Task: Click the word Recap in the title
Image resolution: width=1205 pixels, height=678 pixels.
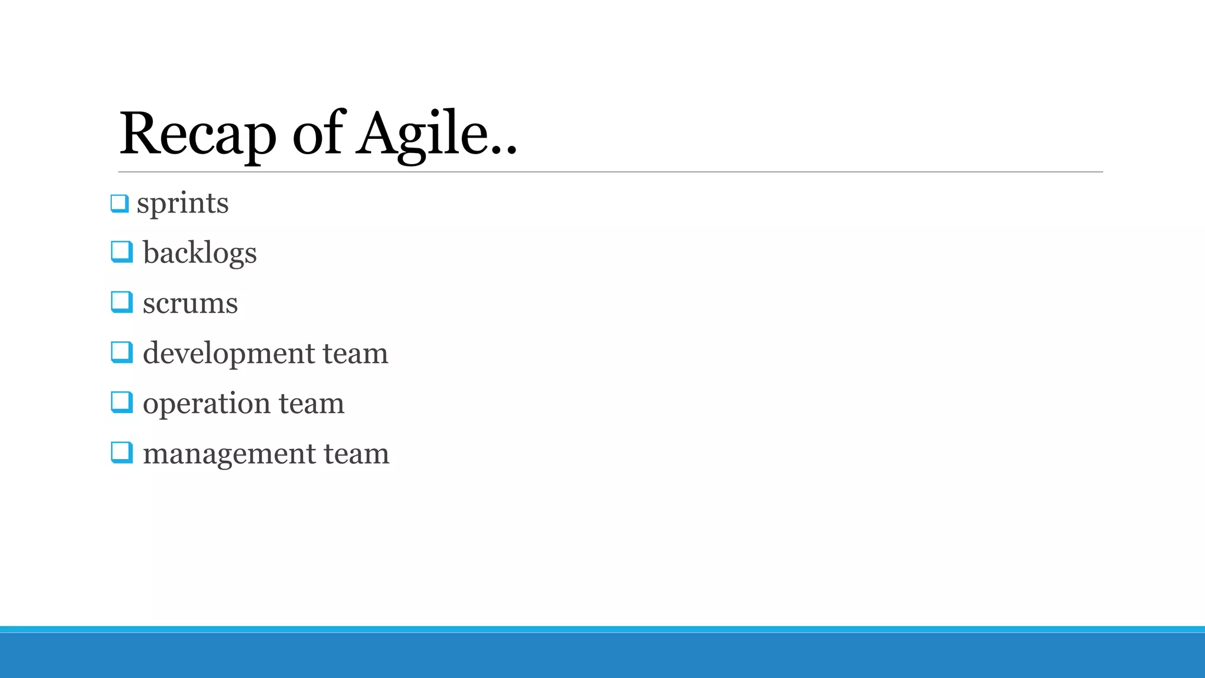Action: [198, 134]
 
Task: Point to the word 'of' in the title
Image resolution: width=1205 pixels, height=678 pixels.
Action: [317, 134]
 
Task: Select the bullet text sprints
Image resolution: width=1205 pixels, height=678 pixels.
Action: [182, 204]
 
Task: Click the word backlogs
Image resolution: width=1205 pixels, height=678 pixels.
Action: [199, 253]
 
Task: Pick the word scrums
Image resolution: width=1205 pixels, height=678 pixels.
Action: [190, 304]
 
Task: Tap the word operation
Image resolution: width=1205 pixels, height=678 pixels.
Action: [207, 404]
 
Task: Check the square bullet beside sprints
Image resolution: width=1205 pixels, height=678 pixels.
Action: [119, 204]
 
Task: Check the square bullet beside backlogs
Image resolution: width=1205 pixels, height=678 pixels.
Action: [121, 252]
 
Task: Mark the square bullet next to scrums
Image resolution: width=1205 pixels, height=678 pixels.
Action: [121, 302]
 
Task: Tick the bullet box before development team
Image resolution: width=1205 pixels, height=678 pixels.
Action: [121, 352]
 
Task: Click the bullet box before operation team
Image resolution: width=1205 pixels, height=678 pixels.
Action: [121, 402]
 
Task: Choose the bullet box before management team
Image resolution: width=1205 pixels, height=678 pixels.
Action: [121, 453]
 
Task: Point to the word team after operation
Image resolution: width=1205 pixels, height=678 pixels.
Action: [311, 404]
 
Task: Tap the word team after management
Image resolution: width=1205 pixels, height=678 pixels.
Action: [357, 454]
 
